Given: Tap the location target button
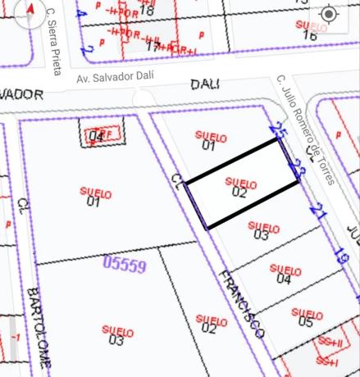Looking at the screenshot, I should click(x=328, y=15).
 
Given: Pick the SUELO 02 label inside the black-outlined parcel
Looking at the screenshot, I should click(x=239, y=187).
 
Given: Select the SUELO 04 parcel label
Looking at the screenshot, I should click(x=285, y=274).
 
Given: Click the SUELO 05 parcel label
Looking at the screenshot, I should click(x=306, y=317).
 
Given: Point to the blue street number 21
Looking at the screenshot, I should click(x=318, y=213).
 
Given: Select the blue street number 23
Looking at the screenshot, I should click(x=298, y=170).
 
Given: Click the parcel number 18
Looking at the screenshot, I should click(x=147, y=11).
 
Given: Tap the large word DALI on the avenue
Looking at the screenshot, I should click(x=206, y=84).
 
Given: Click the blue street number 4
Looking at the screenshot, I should click(x=80, y=14).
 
